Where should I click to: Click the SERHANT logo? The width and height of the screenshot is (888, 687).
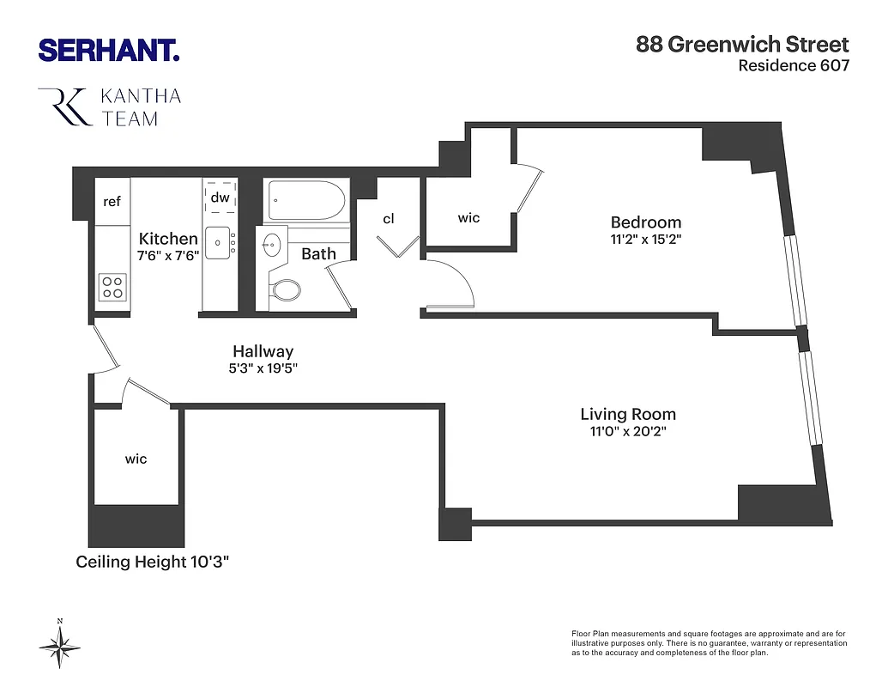(x=109, y=50)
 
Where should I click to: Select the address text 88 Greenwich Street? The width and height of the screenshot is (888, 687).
(x=742, y=45)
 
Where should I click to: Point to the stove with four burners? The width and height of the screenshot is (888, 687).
(x=112, y=286)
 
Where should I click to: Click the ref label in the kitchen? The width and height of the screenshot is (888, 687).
(x=112, y=202)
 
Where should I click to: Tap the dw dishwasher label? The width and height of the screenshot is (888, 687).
(x=220, y=198)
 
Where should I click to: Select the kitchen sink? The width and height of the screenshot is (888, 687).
(x=220, y=243)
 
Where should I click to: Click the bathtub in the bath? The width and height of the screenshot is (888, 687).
(x=305, y=201)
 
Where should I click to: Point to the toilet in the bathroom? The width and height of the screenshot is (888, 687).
(x=285, y=289)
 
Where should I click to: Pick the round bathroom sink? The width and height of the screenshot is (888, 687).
(x=272, y=245)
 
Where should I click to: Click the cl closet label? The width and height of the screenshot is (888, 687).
(x=389, y=219)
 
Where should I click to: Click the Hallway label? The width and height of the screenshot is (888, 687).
(x=263, y=351)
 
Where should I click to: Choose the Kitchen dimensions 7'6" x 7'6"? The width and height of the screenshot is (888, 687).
(x=169, y=255)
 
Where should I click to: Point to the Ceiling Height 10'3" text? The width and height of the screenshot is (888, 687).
(x=153, y=562)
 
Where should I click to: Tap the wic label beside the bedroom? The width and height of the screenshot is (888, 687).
(x=468, y=218)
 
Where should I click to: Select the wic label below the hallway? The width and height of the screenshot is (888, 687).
(x=136, y=459)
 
